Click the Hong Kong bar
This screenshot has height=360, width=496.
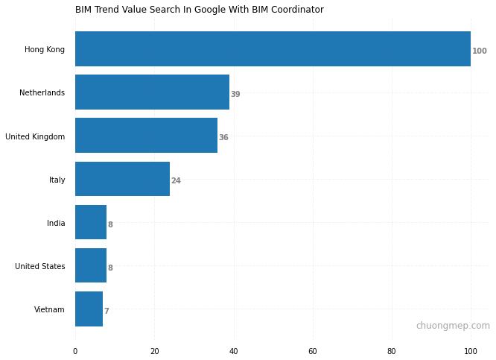click(273, 49)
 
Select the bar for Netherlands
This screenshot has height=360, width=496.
click(152, 92)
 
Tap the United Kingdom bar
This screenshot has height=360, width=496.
click(146, 136)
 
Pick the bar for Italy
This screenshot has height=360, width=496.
click(122, 179)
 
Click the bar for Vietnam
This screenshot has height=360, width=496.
click(89, 309)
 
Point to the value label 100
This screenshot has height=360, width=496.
click(480, 51)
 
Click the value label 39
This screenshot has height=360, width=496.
click(235, 95)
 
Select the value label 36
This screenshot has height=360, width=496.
click(223, 138)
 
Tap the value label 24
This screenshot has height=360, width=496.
click(176, 181)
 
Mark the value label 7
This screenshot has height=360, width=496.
click(106, 312)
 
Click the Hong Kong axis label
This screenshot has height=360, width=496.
click(45, 50)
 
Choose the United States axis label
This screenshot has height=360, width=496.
click(39, 267)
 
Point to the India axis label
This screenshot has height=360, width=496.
click(55, 224)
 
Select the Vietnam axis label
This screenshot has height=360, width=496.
click(49, 310)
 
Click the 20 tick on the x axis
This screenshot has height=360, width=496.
click(154, 351)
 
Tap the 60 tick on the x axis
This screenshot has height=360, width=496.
click(313, 351)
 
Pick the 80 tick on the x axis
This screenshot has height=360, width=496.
click(392, 351)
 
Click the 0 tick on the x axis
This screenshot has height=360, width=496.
click(75, 351)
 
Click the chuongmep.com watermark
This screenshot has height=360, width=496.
click(453, 326)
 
